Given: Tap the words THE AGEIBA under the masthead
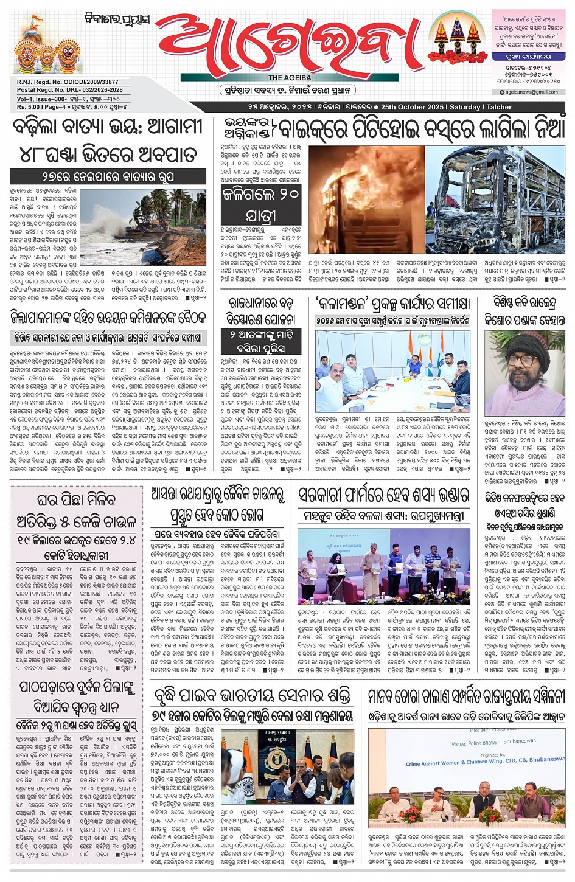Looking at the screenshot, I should coord(290,78).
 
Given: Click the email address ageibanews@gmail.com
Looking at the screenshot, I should coord(532,92).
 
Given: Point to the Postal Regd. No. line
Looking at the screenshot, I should coord(70,90).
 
